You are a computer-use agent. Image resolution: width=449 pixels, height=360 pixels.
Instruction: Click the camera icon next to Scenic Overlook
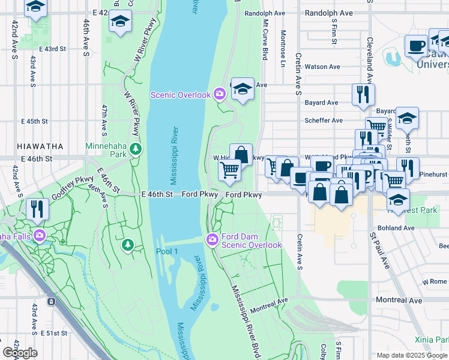click(x=219, y=94)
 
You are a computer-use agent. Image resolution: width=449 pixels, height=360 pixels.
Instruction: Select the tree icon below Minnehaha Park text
click(x=136, y=148)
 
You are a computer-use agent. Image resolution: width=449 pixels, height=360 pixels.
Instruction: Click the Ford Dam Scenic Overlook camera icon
click(x=212, y=240)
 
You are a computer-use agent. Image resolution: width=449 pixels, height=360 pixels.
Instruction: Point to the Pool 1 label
click(x=166, y=251)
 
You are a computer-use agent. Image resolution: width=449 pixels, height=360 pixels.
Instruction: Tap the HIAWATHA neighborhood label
click(x=40, y=146)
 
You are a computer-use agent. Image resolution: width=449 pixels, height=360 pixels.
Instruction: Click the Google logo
click(x=20, y=353)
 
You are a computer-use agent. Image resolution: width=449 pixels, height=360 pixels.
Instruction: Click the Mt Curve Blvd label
click(x=264, y=38)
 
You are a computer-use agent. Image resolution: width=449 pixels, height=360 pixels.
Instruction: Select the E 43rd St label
click(x=52, y=49)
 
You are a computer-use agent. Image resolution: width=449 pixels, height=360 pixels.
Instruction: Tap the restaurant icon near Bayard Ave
click(x=363, y=95)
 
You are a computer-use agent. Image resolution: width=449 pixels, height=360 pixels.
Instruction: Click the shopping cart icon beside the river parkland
click(x=229, y=170)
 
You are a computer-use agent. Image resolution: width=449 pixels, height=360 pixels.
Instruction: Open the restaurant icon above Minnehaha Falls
click(x=38, y=208)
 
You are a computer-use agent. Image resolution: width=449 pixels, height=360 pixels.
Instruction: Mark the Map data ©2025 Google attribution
click(x=412, y=355)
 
